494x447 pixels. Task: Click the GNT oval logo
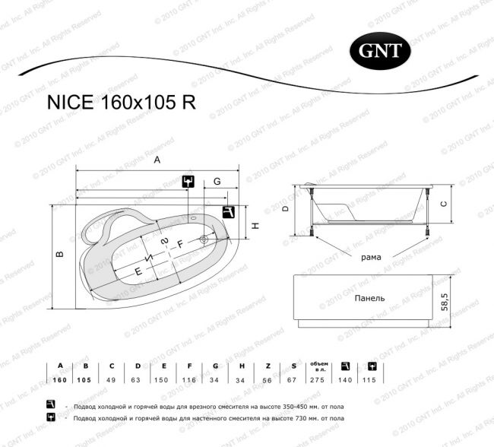(x=380, y=51)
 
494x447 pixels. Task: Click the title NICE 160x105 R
(x=122, y=103)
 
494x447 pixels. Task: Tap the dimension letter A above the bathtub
(x=157, y=160)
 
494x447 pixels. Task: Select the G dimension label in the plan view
(x=217, y=182)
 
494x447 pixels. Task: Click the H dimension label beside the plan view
(x=256, y=226)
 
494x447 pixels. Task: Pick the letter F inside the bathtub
(x=180, y=244)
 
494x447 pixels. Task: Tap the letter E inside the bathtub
(x=138, y=271)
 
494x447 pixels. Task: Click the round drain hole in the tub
(x=204, y=239)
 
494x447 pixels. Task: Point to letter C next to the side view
(x=444, y=204)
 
